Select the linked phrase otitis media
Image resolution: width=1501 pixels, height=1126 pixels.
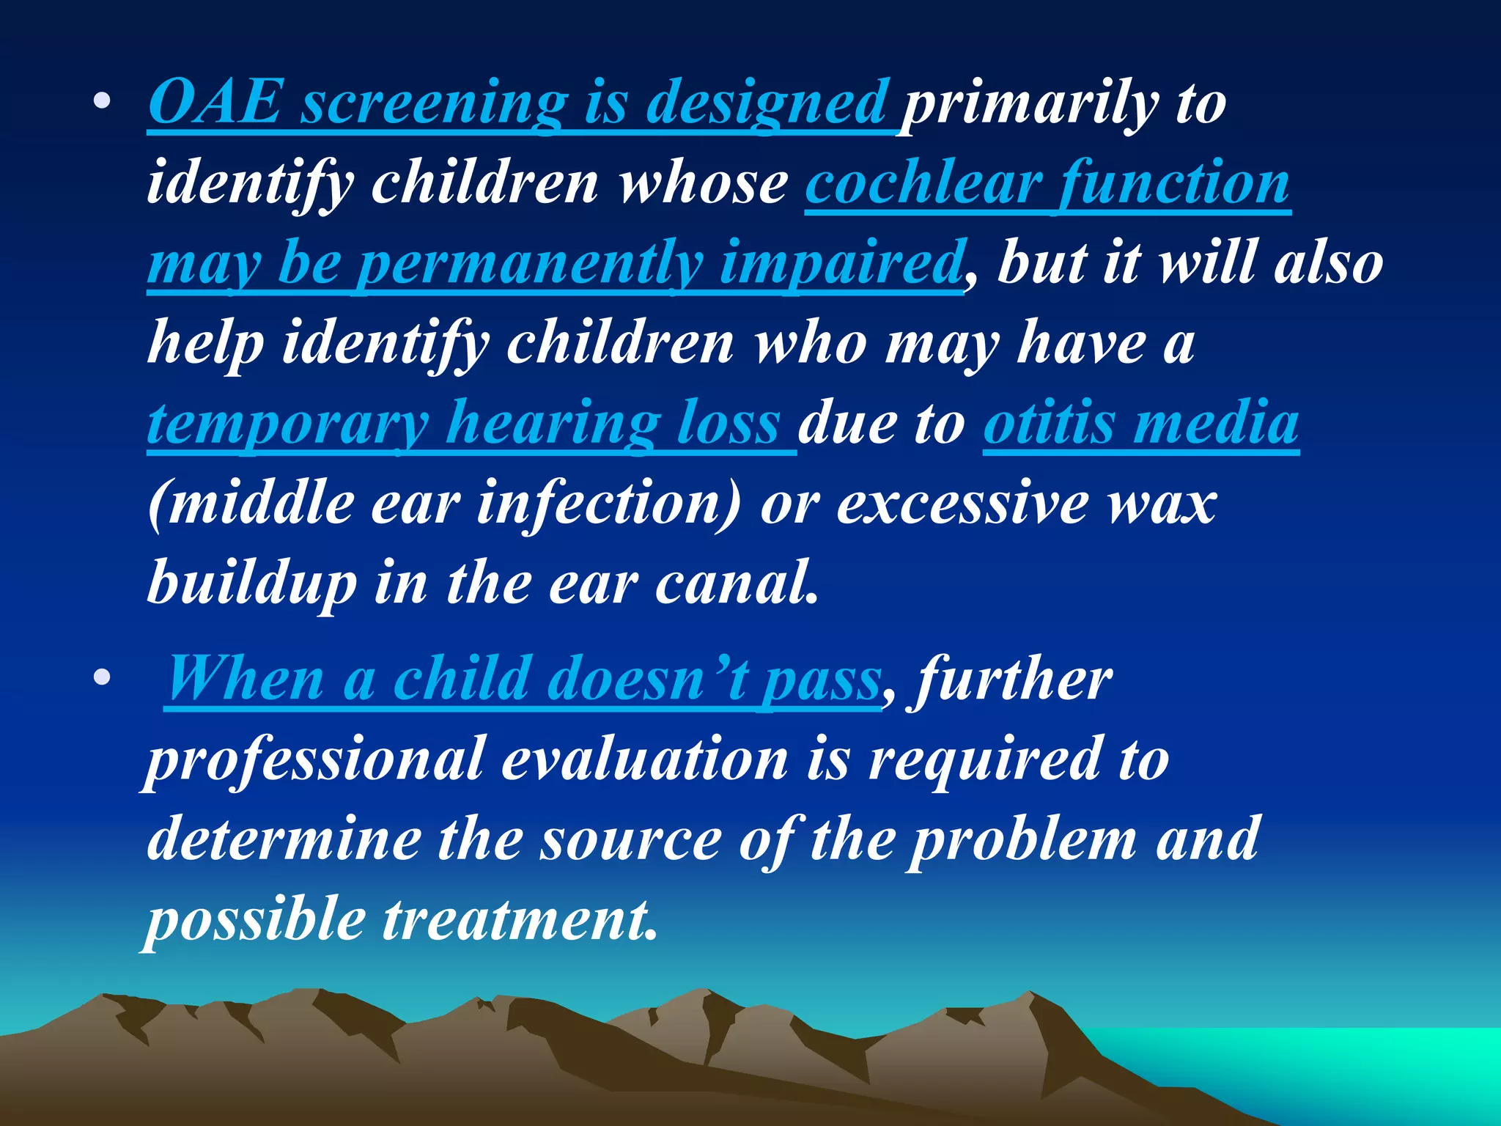click(1140, 423)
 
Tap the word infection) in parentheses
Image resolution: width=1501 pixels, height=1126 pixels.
click(609, 504)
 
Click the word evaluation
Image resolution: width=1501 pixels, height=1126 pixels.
click(644, 759)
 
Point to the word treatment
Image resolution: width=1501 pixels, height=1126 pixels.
click(520, 919)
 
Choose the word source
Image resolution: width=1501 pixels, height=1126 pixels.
click(631, 840)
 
